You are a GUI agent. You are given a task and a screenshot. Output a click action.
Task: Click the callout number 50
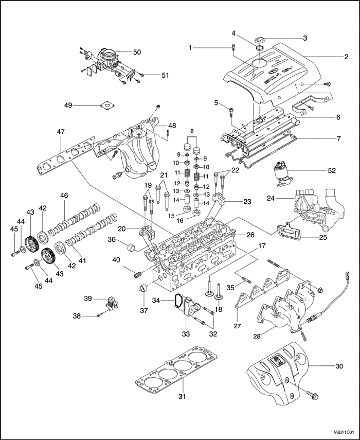[x=137, y=52]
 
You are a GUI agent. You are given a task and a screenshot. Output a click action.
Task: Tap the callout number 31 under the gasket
[x=181, y=397]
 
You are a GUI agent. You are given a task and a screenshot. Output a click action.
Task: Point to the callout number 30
[x=339, y=366]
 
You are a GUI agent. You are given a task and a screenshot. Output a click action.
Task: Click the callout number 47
[x=61, y=132]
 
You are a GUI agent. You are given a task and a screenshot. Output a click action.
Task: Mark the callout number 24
[x=271, y=198]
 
